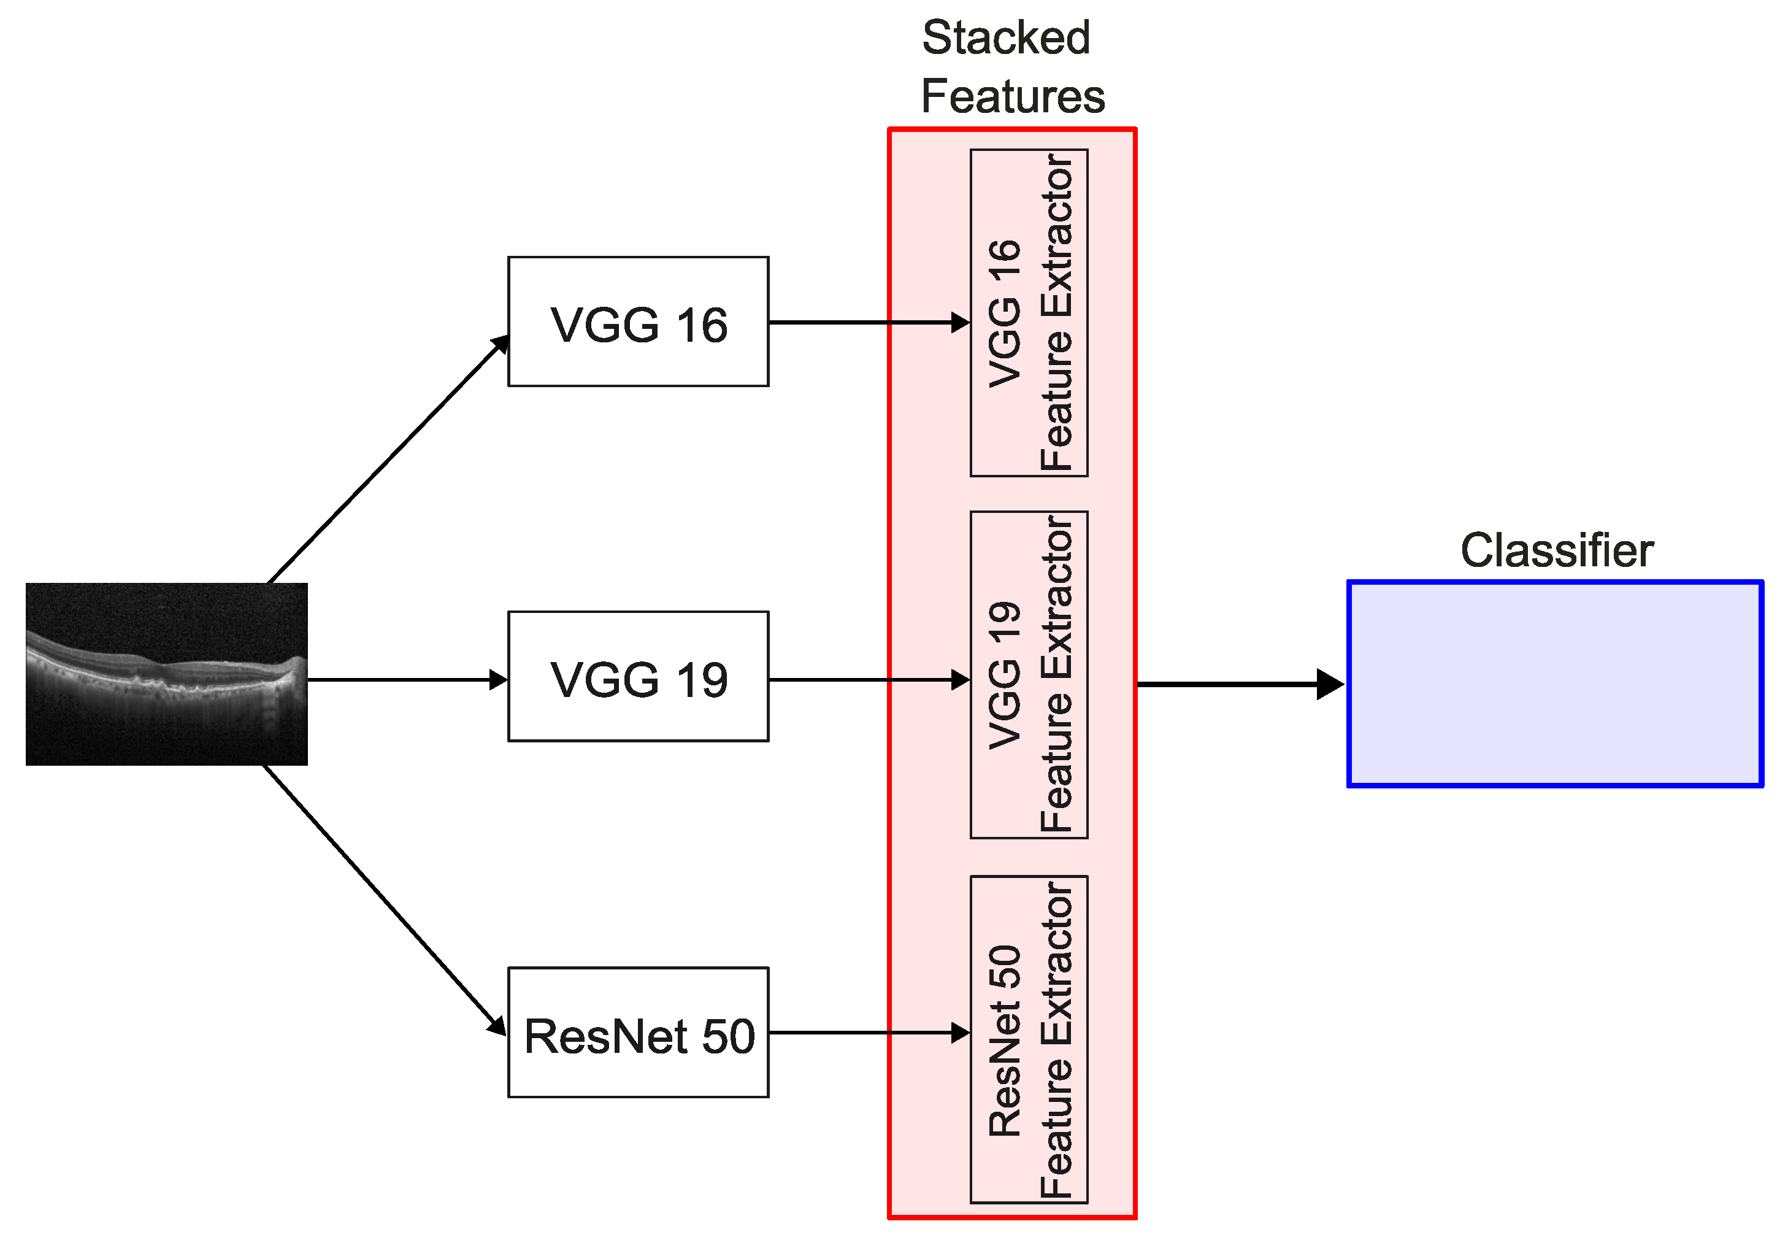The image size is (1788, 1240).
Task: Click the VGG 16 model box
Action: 638,321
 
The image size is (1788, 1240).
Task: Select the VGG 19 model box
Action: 638,676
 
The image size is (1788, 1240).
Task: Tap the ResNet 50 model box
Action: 638,1032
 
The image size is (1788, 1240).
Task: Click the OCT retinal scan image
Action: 166,674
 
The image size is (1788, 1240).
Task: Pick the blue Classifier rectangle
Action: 1555,684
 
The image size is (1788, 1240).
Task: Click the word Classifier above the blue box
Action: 1557,550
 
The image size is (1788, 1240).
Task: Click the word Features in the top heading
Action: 1012,96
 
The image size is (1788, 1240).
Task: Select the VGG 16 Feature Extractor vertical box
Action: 1029,312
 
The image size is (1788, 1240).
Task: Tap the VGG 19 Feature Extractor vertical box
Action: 1029,674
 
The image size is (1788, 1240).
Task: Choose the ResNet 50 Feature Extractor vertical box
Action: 1029,1039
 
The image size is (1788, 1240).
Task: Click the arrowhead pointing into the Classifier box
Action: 1330,685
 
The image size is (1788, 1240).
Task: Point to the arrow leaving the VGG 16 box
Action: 862,322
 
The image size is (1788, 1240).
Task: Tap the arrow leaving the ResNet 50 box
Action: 862,1033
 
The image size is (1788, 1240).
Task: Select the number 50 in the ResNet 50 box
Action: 728,1036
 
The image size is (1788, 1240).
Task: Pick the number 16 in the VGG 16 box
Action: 701,325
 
